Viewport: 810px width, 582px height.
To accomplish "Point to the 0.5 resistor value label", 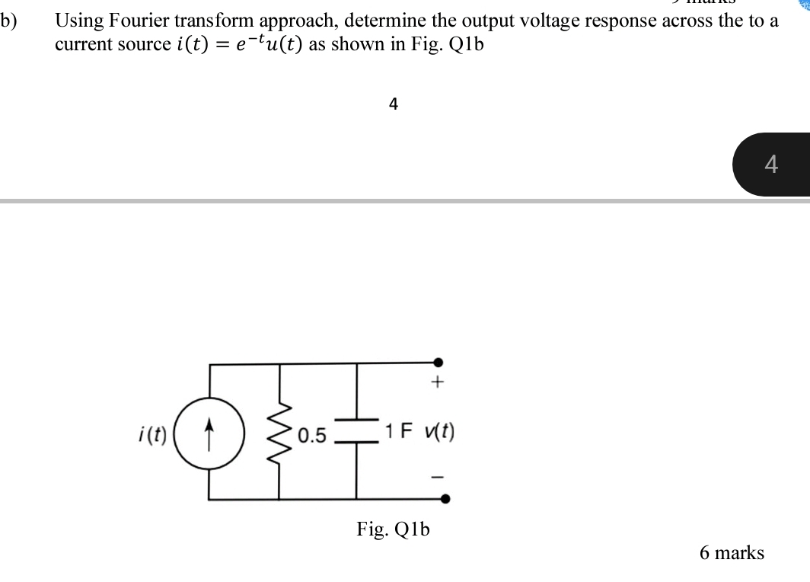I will (x=312, y=436).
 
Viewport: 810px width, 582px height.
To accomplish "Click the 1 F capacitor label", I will (x=399, y=432).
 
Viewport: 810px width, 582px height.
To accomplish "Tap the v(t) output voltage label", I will (x=438, y=432).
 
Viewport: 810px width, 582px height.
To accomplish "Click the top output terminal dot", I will (x=438, y=364).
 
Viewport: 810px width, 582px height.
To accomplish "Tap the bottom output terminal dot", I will (x=445, y=499).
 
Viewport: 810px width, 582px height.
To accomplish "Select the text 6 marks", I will (x=731, y=552).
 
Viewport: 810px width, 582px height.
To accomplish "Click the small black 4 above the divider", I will (x=393, y=104).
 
